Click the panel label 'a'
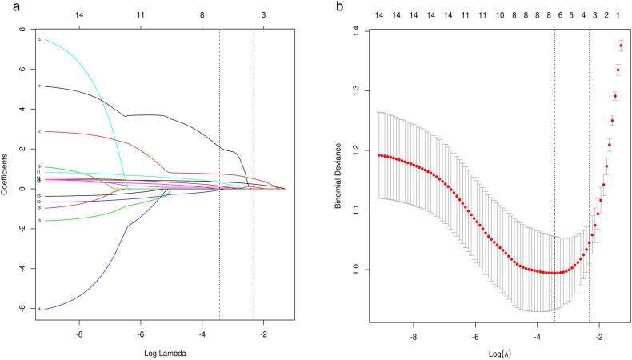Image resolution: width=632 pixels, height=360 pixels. [x=6, y=6]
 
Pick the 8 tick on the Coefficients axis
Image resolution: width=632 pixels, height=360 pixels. [x=25, y=29]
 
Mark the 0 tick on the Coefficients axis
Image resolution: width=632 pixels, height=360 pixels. [x=25, y=189]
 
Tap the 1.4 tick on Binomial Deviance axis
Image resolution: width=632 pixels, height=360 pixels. [x=352, y=31]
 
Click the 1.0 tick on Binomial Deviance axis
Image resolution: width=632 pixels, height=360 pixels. [x=352, y=270]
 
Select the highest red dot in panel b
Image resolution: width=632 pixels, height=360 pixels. [x=620, y=46]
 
